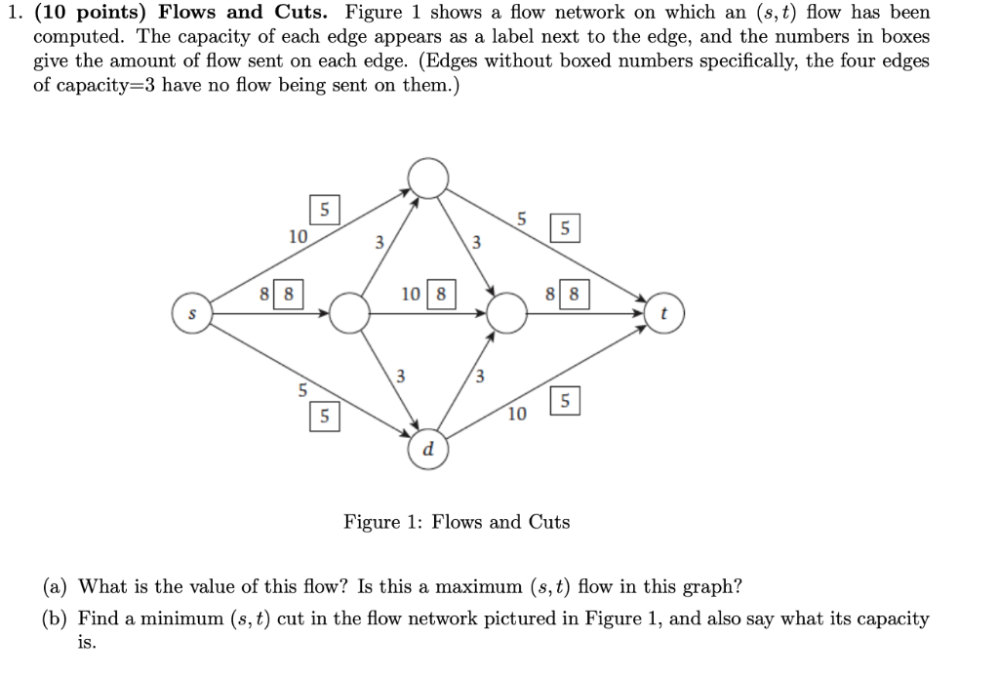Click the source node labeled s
coord(192,314)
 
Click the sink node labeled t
coord(663,314)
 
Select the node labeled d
coord(427,449)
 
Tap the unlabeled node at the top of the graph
coord(427,179)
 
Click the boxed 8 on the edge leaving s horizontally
coord(290,294)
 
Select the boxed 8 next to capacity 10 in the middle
coord(442,294)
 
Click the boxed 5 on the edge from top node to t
coord(566,230)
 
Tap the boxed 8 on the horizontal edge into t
coord(575,294)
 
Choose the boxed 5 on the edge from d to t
coord(566,400)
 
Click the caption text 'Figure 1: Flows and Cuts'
coord(457,522)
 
